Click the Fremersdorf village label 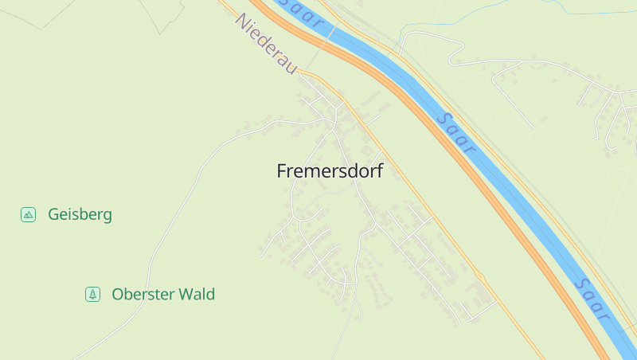(x=330, y=171)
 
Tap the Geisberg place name (x=80, y=214)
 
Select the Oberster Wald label (x=163, y=295)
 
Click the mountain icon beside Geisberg (x=29, y=214)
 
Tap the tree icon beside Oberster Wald (x=93, y=295)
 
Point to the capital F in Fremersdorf (x=281, y=171)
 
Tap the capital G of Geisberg (x=53, y=214)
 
